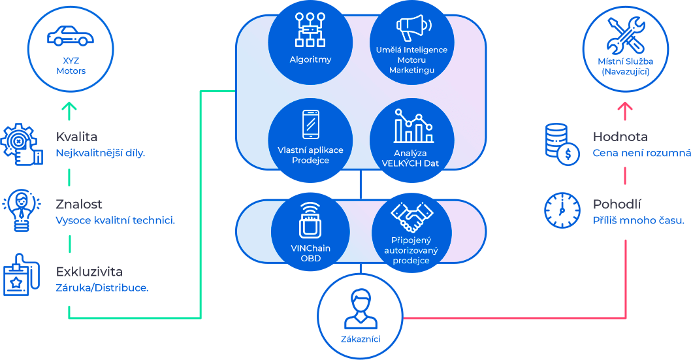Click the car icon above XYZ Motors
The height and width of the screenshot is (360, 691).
(x=71, y=36)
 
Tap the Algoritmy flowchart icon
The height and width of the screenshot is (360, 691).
(x=310, y=29)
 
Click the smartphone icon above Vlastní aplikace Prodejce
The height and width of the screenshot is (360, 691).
(x=311, y=124)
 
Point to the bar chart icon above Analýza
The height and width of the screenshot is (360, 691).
(x=413, y=126)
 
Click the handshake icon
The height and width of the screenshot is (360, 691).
(x=412, y=217)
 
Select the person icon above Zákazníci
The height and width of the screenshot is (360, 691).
(x=361, y=309)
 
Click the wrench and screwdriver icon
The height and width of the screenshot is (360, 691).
(x=626, y=35)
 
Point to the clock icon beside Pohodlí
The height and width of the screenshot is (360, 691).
(x=562, y=210)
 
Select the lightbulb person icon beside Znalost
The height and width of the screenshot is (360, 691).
(x=22, y=210)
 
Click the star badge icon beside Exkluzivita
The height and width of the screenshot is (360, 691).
(x=22, y=274)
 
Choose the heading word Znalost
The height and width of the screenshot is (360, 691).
(x=79, y=204)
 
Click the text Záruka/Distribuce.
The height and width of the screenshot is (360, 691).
(x=103, y=287)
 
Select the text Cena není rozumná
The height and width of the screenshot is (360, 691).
(x=641, y=153)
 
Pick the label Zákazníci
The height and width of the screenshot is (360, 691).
(x=361, y=339)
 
